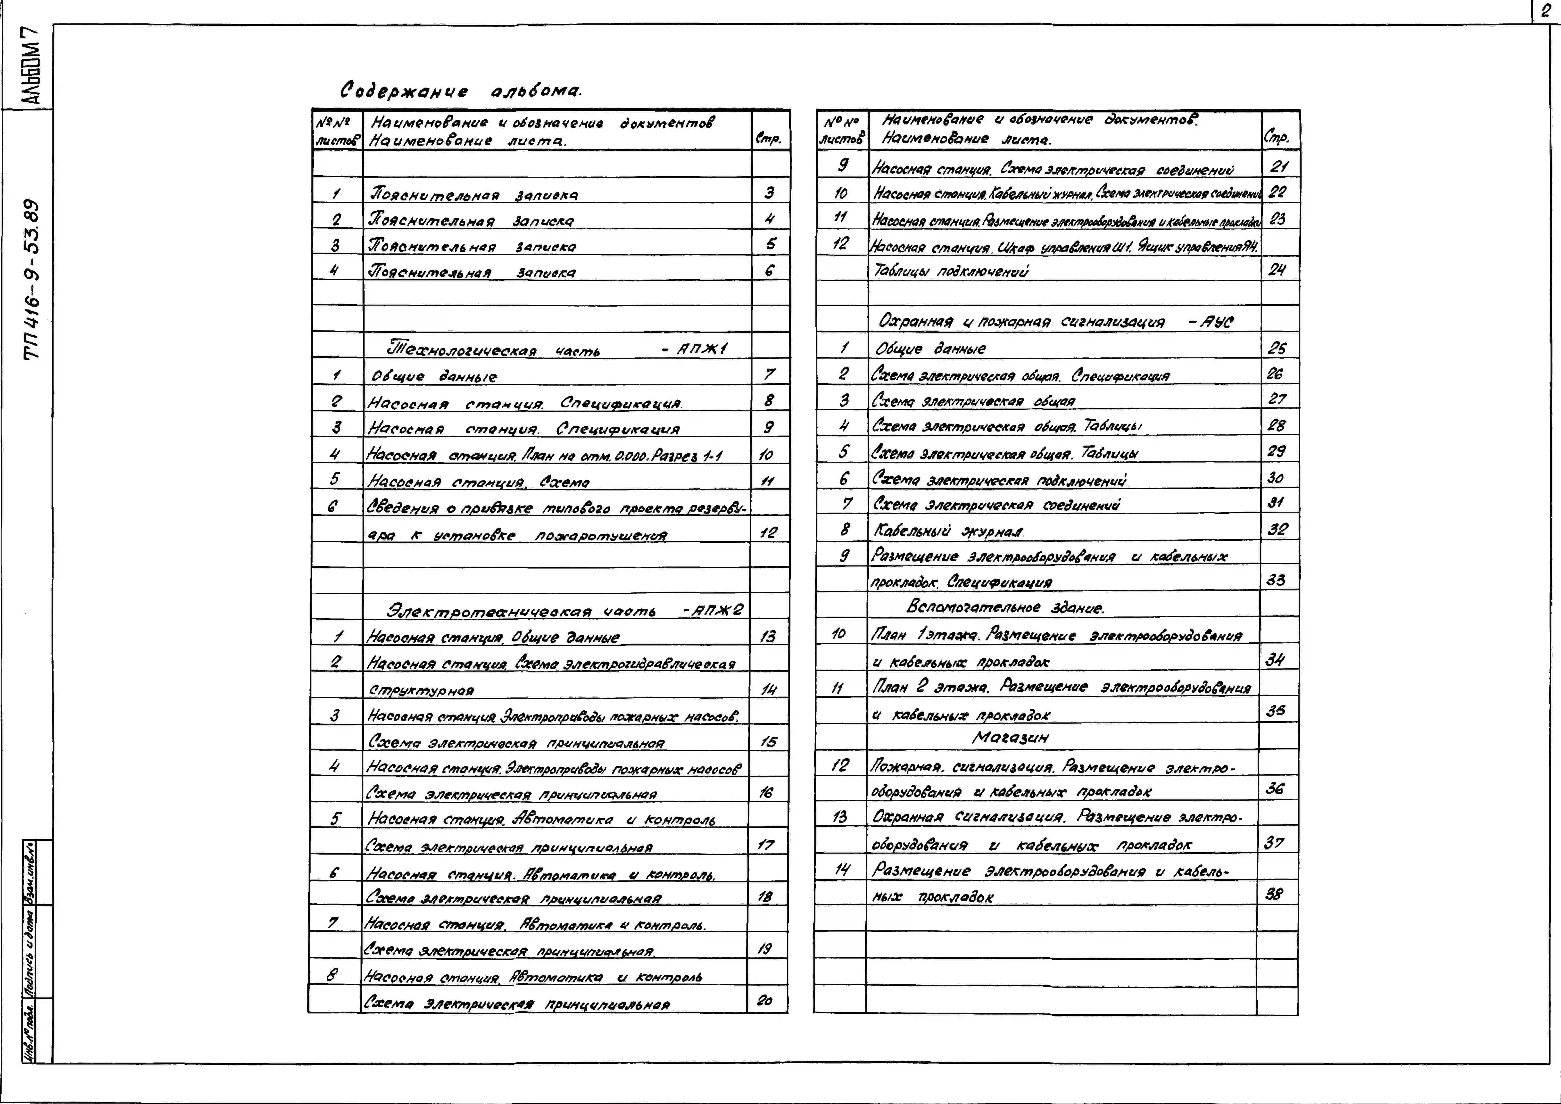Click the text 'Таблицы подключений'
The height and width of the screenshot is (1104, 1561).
(x=950, y=271)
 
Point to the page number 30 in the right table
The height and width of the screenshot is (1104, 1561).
(x=1275, y=477)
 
